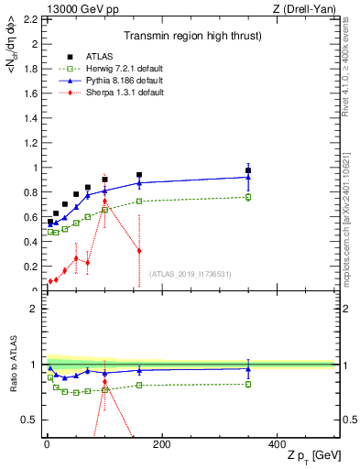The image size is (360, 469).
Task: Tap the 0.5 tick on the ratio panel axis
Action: point(31,420)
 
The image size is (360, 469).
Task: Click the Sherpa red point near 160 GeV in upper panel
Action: point(139,251)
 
